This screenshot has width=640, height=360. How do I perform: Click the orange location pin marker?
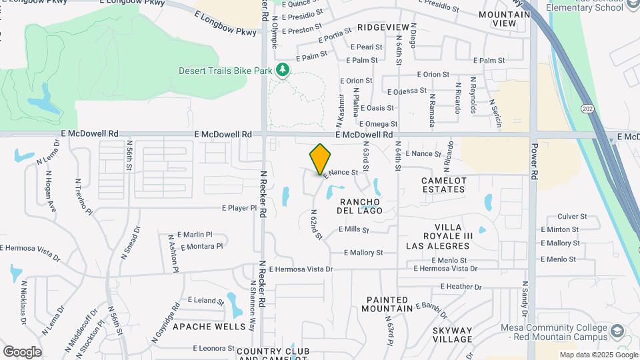pyautogui.click(x=321, y=159)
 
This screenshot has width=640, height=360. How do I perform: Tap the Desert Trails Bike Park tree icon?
pyautogui.click(x=283, y=70)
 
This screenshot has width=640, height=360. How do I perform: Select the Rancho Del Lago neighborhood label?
pyautogui.click(x=360, y=206)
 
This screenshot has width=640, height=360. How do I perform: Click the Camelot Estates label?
pyautogui.click(x=443, y=185)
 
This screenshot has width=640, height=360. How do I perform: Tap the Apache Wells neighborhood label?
pyautogui.click(x=200, y=327)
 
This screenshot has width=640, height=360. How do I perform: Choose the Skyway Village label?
pyautogui.click(x=452, y=335)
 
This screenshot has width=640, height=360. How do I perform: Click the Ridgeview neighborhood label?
pyautogui.click(x=383, y=27)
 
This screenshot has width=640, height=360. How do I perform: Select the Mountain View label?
pyautogui.click(x=497, y=19)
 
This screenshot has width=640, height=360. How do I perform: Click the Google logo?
pyautogui.click(x=22, y=351)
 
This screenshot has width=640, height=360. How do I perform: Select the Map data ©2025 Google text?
pyautogui.click(x=597, y=355)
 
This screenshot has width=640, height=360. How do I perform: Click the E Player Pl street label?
pyautogui.click(x=239, y=208)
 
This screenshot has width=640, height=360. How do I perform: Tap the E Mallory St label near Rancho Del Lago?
pyautogui.click(x=363, y=253)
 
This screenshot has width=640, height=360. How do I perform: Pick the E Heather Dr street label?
pyautogui.click(x=461, y=287)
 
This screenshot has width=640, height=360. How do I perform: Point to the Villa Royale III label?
pyautogui.click(x=449, y=236)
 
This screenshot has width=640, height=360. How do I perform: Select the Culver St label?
pyautogui.click(x=572, y=217)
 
